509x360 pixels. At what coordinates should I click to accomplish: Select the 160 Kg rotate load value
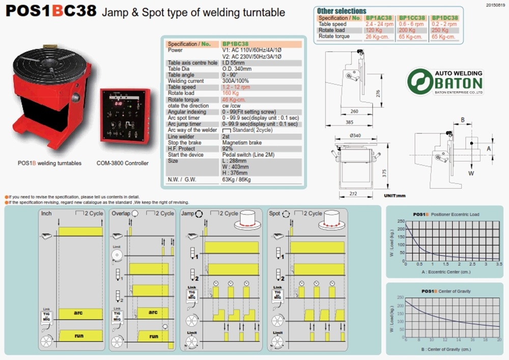(x=231, y=93)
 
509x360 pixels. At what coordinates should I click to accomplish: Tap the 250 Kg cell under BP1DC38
(x=441, y=30)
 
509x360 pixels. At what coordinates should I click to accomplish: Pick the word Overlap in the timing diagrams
(x=121, y=213)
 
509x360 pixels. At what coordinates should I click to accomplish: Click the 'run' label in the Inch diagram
(x=79, y=336)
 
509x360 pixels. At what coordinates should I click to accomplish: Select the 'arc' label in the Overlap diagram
(x=152, y=312)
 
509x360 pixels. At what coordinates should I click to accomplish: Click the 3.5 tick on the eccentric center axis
(x=498, y=264)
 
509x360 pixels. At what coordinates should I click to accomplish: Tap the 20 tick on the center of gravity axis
(x=498, y=340)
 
